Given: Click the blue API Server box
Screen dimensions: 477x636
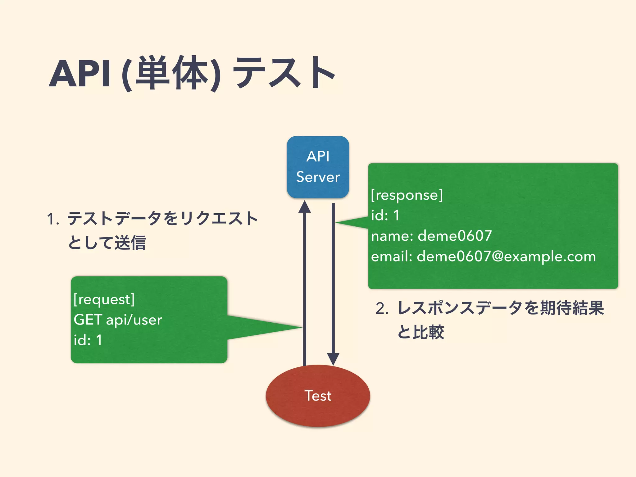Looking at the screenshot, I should pyautogui.click(x=318, y=167).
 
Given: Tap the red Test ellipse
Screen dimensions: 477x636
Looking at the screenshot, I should pyautogui.click(x=318, y=396).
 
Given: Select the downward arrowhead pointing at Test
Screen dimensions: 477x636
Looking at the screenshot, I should pyautogui.click(x=333, y=359).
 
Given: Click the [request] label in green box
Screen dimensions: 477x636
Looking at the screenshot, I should pyautogui.click(x=104, y=299).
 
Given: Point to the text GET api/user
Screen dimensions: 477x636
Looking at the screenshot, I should pyautogui.click(x=118, y=320).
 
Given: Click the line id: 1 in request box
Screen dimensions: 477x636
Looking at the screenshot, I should pyautogui.click(x=88, y=340).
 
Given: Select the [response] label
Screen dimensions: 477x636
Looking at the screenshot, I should pyautogui.click(x=407, y=195).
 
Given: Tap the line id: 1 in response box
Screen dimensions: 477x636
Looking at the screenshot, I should pyautogui.click(x=385, y=215).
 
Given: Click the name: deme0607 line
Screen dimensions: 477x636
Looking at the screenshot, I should pyautogui.click(x=431, y=236).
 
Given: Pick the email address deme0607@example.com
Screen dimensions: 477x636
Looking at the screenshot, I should pyautogui.click(x=506, y=257).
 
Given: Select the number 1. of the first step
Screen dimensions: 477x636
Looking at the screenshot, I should pyautogui.click(x=53, y=219).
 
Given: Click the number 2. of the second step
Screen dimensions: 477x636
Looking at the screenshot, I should pyautogui.click(x=382, y=309).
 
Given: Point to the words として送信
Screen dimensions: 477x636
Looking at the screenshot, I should pyautogui.click(x=107, y=243).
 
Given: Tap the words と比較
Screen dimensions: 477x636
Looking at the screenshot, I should pyautogui.click(x=421, y=332).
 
